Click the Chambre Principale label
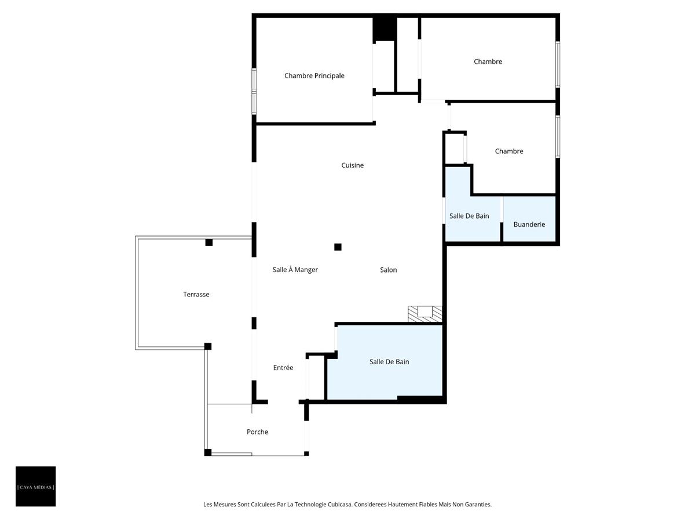314,76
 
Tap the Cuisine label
352,165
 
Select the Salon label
388,270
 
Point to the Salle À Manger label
295,270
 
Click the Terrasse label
196,295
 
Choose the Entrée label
283,368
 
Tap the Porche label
257,432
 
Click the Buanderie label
529,224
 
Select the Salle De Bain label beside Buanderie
469,216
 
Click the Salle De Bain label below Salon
389,362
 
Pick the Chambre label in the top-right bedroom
488,61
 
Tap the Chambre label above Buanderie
509,151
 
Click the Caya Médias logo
35,487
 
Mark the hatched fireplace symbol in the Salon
425,313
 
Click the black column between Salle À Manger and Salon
338,247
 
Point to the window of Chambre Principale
254,90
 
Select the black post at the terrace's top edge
209,242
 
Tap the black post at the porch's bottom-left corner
207,452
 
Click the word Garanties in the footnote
477,505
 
